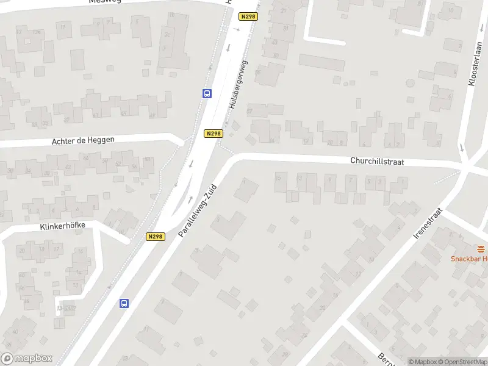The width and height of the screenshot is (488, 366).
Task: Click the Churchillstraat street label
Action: click(377, 162)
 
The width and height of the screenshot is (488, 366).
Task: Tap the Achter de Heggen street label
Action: click(83, 140)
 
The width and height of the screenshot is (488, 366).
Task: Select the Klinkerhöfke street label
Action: click(62, 225)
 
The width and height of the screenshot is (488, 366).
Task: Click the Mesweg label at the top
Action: click(105, 1)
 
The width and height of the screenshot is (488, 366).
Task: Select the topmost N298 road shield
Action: click(248, 17)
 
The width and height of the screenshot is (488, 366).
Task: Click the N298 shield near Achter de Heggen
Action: click(213, 134)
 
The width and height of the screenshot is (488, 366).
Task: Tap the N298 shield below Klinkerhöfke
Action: click(156, 236)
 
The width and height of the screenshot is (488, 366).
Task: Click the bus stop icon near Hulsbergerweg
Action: click(207, 94)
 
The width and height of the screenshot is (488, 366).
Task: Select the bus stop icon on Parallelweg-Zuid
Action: click(124, 303)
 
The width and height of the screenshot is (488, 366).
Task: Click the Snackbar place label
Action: click(469, 259)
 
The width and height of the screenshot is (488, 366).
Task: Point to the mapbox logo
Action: click(27, 358)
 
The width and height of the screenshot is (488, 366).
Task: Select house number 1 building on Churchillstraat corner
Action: click(246, 189)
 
